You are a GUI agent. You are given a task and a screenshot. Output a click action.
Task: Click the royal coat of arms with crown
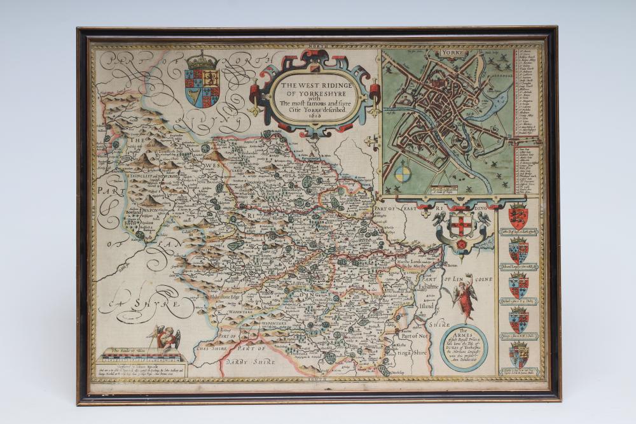tap(202, 81)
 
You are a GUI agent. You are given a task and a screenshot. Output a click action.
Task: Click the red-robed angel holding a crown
tap(464, 297)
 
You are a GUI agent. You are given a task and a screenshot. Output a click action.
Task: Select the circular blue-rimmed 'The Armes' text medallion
tap(464, 347)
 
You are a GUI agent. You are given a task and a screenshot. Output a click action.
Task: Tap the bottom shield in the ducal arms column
tap(518, 355)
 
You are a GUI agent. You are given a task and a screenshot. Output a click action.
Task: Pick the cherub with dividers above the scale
tap(166, 338)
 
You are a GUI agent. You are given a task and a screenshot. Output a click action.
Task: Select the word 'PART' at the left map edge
tap(105, 190)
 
